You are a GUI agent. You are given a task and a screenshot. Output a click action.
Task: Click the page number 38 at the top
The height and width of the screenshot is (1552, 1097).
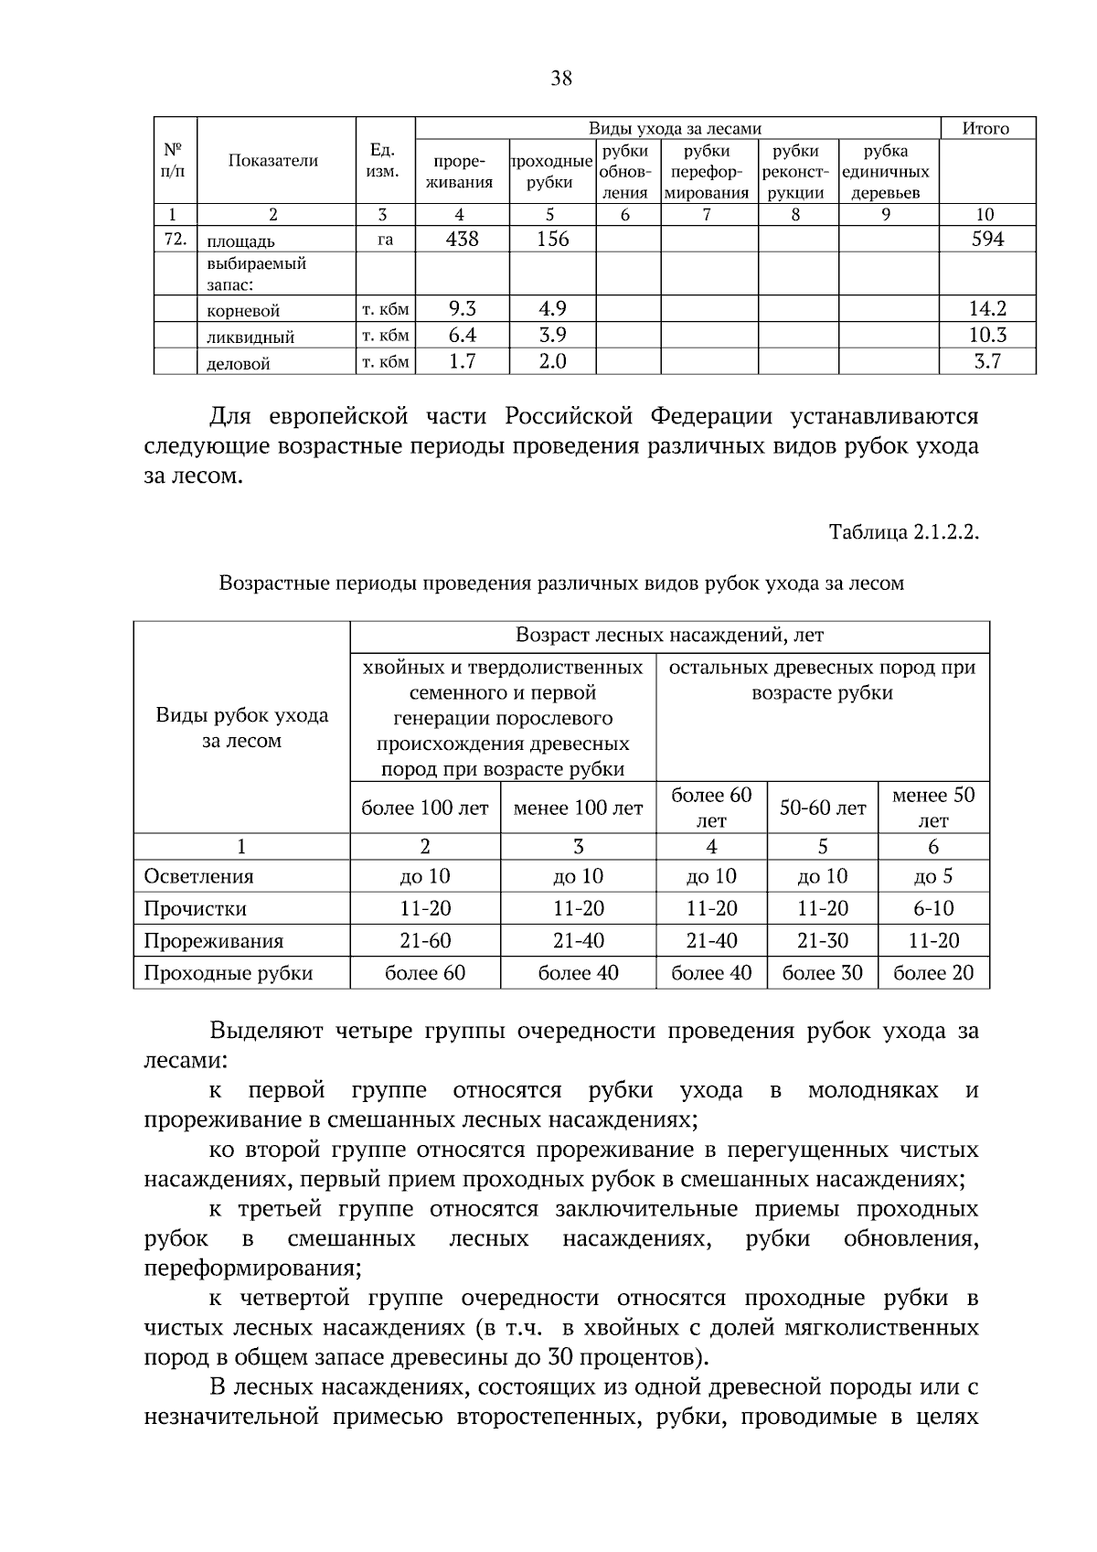[x=561, y=79]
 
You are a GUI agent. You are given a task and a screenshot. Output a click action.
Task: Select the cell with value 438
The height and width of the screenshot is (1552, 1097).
[x=462, y=240]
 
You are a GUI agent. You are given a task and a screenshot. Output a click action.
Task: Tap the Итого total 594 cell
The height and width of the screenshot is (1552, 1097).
[x=987, y=240]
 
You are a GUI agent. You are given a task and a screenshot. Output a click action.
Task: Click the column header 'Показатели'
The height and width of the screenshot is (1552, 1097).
[x=273, y=161]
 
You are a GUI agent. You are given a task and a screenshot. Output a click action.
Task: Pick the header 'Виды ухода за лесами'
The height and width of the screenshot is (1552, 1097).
[x=675, y=129]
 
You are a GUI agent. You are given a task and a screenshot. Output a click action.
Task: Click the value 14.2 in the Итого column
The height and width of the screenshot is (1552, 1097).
[x=987, y=309]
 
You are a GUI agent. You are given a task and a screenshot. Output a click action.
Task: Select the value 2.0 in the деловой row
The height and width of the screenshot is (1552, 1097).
[x=552, y=362]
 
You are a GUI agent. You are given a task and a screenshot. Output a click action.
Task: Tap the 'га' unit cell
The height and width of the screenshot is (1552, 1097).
[x=385, y=241]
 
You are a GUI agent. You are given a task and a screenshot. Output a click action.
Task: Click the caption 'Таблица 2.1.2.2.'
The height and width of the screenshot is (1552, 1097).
[x=903, y=532]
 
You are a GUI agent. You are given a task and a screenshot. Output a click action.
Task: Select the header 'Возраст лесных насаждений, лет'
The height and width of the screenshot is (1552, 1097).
[x=669, y=635]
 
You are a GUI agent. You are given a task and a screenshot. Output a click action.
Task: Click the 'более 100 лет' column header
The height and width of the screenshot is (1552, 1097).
[x=425, y=808]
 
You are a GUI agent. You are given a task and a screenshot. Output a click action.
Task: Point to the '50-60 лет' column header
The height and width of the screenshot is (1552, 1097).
[x=823, y=808]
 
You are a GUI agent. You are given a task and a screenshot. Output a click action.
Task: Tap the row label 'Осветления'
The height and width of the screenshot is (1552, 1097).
[x=198, y=876]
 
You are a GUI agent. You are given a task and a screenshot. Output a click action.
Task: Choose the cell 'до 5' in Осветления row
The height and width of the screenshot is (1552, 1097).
[x=932, y=876]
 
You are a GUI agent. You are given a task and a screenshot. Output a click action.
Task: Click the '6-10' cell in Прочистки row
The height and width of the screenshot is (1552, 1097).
[x=932, y=909]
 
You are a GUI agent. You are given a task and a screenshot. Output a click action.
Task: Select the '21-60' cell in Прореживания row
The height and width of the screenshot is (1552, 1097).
[x=425, y=941]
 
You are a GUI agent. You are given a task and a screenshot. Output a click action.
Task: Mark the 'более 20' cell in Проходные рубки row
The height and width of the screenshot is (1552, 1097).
[x=932, y=973]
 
